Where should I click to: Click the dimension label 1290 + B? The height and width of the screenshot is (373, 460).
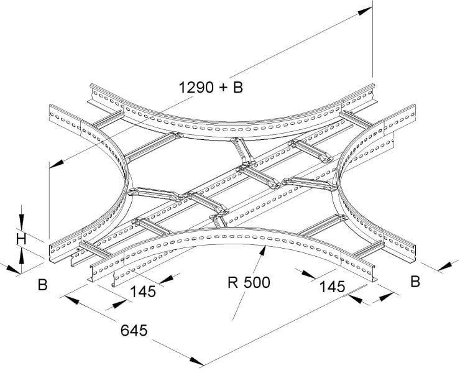coord(211,88)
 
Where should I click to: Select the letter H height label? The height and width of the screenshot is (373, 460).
coord(21,239)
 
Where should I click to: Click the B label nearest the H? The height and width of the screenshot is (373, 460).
coord(42,285)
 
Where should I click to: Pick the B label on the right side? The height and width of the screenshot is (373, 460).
coord(415,281)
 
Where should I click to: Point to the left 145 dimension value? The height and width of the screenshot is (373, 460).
coord(143,292)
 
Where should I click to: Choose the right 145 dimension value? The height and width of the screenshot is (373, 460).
coord(332,287)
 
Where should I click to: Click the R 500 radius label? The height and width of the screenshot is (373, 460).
coord(249,283)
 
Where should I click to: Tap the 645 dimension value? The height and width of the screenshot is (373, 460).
coord(134,331)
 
